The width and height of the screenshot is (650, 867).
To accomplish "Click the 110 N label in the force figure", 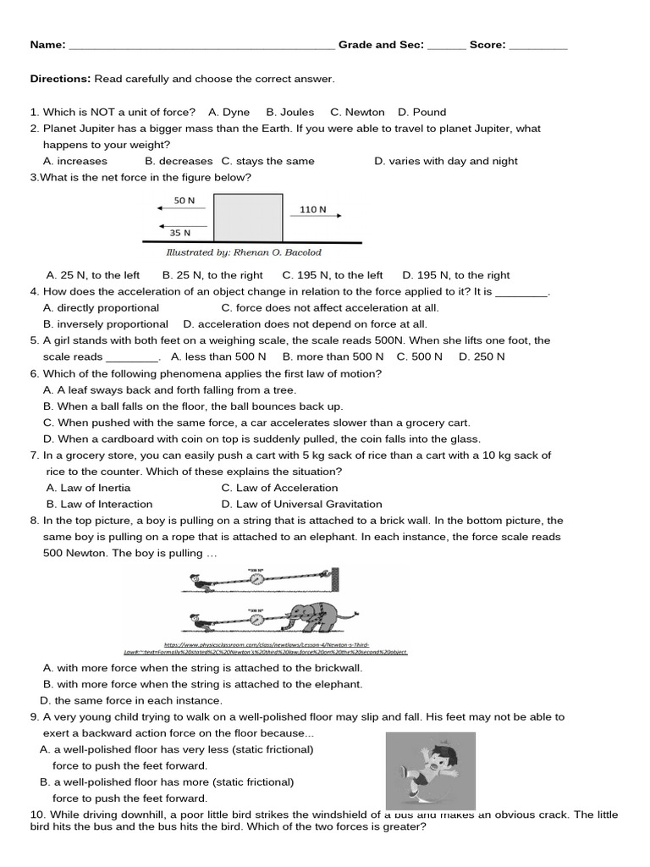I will point(312,209).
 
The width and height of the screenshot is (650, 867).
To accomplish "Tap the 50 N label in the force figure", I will point(185,201).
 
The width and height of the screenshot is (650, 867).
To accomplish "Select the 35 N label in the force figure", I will point(179,232).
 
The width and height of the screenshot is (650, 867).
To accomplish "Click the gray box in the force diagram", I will point(248,218).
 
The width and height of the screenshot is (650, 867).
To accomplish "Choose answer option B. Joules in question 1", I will point(289,112).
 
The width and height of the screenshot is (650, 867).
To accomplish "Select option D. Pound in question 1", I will point(421,112).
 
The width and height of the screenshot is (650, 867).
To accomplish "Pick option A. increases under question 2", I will point(75,161).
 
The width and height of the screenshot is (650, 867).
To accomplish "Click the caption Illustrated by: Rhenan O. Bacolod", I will point(244,252).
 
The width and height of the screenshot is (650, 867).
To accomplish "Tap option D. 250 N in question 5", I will point(482,356).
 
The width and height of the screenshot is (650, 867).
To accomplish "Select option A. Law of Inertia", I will point(88,488).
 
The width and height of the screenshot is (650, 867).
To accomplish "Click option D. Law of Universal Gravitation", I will point(301,504).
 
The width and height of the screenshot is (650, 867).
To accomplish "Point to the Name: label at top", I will point(47,45).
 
